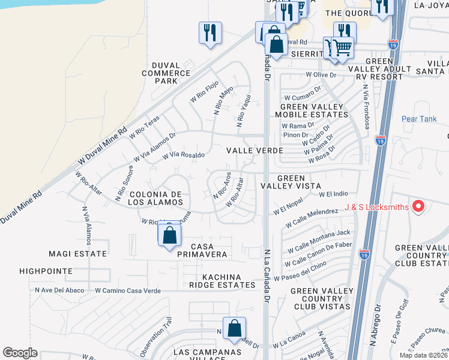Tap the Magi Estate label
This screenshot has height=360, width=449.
79,254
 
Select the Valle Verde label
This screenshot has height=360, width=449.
246,151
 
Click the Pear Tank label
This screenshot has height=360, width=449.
419,119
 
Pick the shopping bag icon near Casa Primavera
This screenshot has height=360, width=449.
170,235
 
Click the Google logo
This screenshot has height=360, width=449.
20,353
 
